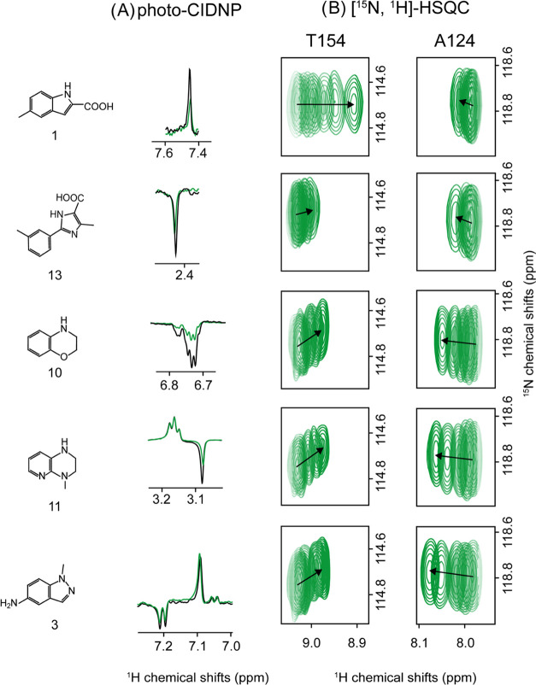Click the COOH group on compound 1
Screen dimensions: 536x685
click(x=121, y=106)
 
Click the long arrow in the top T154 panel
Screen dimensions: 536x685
click(x=326, y=104)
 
